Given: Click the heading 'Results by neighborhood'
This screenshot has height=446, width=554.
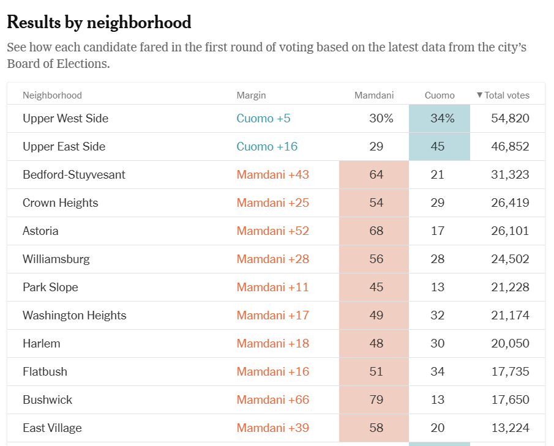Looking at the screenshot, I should point(99,23).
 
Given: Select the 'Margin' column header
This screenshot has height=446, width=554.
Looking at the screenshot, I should point(251,95).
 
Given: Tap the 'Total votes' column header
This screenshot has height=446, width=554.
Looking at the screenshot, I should point(507,95).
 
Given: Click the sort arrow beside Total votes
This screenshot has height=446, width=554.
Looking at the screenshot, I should point(480,95).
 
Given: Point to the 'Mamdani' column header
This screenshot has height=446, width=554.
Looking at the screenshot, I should point(373,95).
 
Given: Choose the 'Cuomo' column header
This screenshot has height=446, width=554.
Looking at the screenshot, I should point(440,95).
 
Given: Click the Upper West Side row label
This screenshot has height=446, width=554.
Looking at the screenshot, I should point(66,119).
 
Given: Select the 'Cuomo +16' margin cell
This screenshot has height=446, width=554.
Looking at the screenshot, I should point(267,147).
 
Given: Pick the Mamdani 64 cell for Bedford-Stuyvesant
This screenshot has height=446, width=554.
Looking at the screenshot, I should point(376,175).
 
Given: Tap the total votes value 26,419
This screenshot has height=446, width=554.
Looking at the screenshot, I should point(510,203).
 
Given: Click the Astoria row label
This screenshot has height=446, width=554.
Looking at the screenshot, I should point(40,231).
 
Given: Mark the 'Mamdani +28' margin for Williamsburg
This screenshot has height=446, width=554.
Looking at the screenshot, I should point(272,259).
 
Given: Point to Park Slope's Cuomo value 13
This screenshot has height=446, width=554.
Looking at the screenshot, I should point(437,288).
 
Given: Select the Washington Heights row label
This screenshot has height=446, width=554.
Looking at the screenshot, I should point(74,316).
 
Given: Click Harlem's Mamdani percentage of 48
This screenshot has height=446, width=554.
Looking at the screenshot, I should point(376,344).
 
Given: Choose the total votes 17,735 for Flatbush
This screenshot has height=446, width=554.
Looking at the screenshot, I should point(510,372).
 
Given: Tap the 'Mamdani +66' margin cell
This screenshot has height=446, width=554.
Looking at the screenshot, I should point(272,400).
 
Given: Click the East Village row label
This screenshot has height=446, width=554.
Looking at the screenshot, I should point(52,428).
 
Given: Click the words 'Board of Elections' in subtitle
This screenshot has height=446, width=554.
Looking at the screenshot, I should point(58,64).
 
